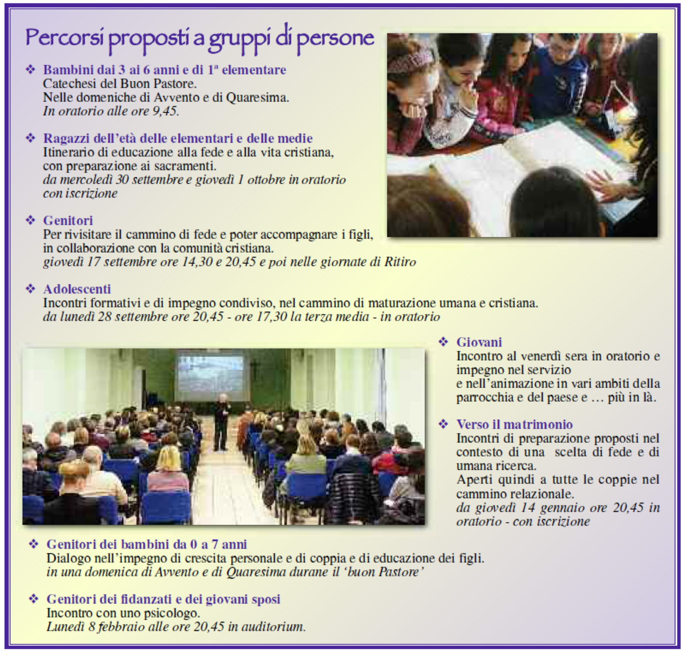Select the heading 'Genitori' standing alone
tap(68, 221)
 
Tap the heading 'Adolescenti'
tap(77, 289)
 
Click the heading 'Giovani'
tap(479, 342)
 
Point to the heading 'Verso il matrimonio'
tap(514, 424)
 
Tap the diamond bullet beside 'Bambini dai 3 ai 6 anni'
tap(30, 70)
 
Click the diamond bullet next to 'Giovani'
tap(444, 342)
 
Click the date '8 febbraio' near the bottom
tap(117, 627)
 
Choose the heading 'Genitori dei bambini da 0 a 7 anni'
tap(146, 544)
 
